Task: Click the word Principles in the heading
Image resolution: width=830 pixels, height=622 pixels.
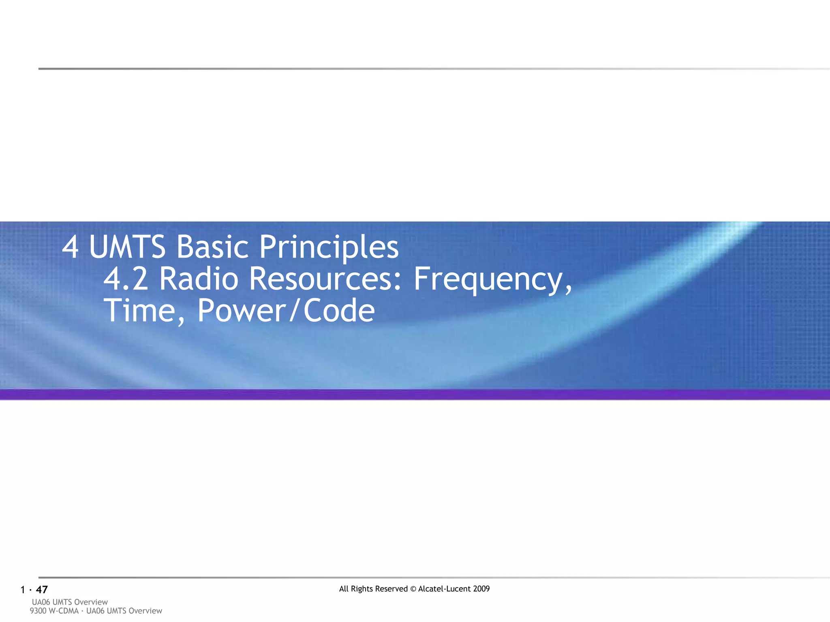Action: (329, 247)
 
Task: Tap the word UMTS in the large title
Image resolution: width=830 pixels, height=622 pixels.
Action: (127, 247)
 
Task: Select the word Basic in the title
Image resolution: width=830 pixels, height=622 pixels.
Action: (212, 247)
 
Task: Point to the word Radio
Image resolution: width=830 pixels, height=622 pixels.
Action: (199, 279)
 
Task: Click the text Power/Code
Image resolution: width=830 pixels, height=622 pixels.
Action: (286, 311)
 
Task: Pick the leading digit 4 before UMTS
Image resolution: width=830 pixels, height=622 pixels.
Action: (70, 247)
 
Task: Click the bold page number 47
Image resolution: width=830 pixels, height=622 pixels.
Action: (42, 590)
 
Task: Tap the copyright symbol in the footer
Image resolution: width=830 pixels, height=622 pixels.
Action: (413, 589)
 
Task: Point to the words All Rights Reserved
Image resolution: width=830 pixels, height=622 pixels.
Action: (373, 589)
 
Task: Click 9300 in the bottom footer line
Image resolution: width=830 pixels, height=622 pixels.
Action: (38, 611)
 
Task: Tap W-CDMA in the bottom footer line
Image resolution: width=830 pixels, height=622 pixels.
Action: (63, 611)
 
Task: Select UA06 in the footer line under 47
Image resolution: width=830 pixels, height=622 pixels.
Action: (41, 602)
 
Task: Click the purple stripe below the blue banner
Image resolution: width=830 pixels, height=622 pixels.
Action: (415, 394)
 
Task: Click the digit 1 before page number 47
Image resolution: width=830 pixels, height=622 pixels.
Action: (23, 590)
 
